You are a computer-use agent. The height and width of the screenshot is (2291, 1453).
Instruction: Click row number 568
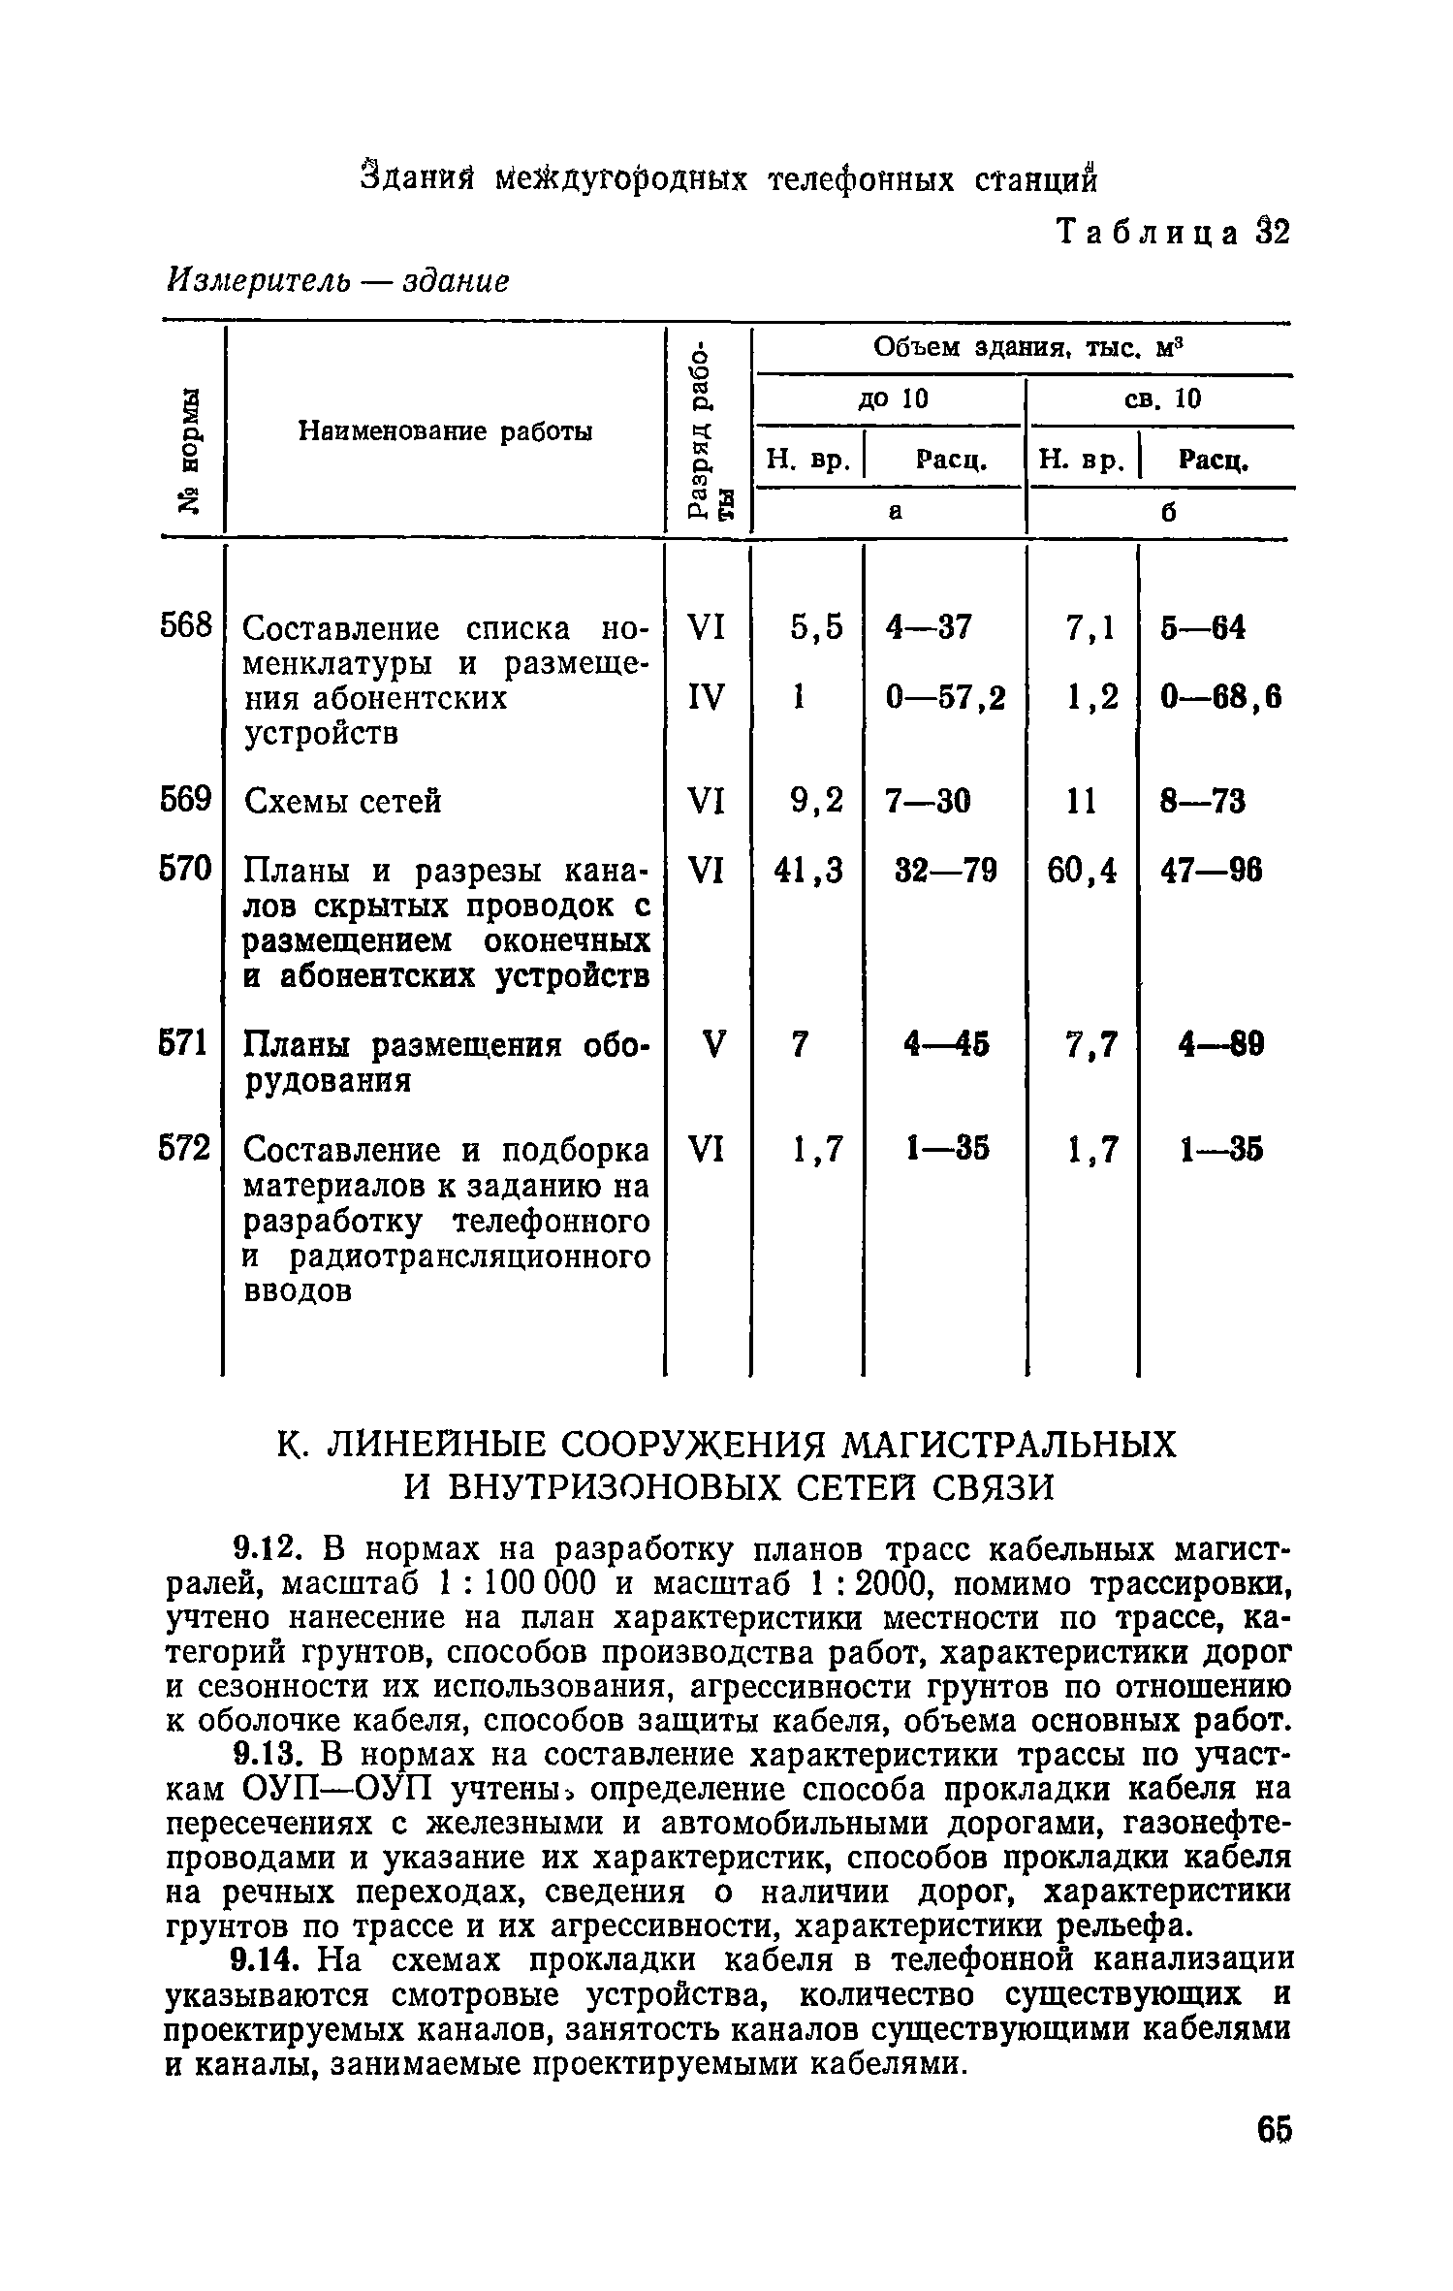tap(184, 627)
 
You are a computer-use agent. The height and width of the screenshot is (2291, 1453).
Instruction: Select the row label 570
tap(184, 869)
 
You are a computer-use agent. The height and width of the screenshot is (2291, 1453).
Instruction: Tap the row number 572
tap(184, 1149)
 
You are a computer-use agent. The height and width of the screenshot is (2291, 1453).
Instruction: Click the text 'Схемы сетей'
tap(342, 801)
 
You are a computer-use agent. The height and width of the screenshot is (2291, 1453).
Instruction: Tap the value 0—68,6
tap(1220, 697)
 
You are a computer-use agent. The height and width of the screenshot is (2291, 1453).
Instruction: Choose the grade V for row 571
tap(711, 1044)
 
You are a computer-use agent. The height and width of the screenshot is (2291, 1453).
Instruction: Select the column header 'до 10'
tap(892, 398)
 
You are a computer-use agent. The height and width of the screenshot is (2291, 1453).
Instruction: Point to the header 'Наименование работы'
tap(444, 430)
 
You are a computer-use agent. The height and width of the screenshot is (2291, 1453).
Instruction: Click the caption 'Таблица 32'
tap(1173, 234)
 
